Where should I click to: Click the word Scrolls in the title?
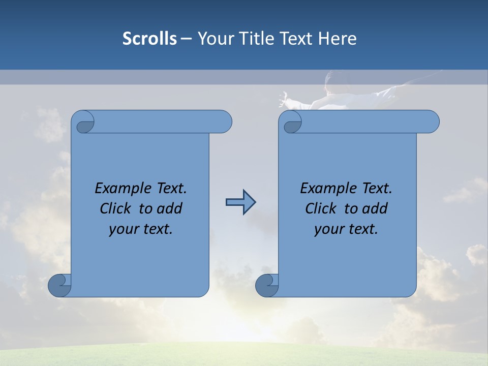pyautogui.click(x=149, y=39)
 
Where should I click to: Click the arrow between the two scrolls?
pyautogui.click(x=240, y=202)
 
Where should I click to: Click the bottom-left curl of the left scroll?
pyautogui.click(x=60, y=285)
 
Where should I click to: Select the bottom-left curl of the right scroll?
pyautogui.click(x=267, y=285)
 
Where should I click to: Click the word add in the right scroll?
pyautogui.click(x=376, y=208)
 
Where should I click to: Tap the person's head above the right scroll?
pyautogui.click(x=338, y=81)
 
